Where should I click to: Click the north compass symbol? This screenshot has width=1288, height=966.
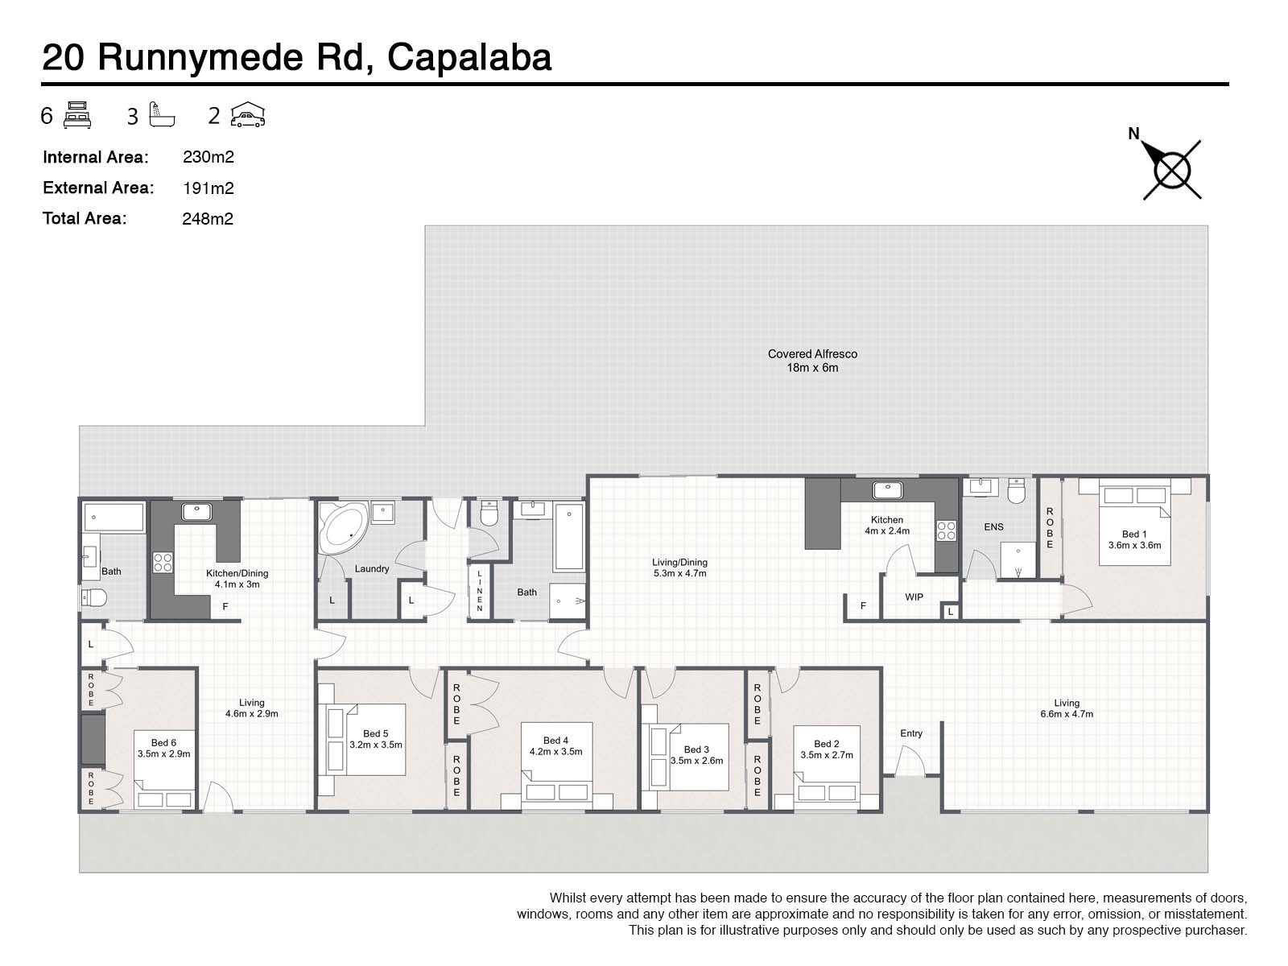tap(1172, 170)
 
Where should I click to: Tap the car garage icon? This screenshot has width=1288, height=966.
tap(247, 116)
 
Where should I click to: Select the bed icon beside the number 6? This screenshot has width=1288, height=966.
tap(77, 116)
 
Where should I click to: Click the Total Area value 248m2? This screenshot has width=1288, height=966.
tap(208, 219)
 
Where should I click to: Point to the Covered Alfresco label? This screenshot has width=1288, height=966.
tap(812, 354)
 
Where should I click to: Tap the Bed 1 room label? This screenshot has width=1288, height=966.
tap(1134, 534)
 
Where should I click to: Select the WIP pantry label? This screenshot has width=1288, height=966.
tap(914, 597)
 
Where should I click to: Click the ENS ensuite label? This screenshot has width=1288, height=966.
tap(993, 527)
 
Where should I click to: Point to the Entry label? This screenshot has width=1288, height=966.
tap(911, 733)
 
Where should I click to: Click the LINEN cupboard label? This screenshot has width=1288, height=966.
tap(480, 591)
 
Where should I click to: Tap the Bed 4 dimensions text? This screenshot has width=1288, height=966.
tap(555, 752)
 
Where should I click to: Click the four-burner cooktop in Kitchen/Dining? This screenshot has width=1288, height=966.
tap(163, 562)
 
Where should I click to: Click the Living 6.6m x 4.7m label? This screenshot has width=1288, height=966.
tap(1067, 708)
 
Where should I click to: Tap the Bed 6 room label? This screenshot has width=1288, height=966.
tap(163, 743)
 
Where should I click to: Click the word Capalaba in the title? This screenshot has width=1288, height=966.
tap(469, 58)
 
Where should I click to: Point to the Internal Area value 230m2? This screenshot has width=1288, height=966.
tap(208, 158)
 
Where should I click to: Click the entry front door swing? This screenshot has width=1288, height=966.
tap(910, 761)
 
